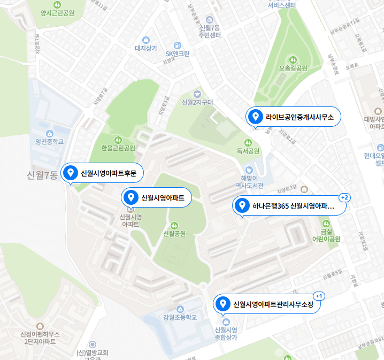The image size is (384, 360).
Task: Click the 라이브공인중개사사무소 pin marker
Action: (x=256, y=116)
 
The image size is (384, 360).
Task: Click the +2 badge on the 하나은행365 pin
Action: (x=344, y=197)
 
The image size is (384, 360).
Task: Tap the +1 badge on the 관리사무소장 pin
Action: (x=319, y=296)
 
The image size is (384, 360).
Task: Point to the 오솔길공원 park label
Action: (x=293, y=68)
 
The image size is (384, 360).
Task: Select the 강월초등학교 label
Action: (x=180, y=318)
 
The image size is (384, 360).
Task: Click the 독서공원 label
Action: (x=248, y=151)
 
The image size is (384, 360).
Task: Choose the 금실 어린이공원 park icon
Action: (x=326, y=224)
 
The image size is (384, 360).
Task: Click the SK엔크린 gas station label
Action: (x=177, y=53)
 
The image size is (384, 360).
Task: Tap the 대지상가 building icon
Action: (x=145, y=40)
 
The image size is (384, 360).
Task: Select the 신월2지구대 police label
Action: (x=197, y=102)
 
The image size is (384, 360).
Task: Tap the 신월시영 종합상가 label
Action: (x=225, y=334)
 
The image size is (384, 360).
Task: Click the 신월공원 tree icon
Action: (x=173, y=225)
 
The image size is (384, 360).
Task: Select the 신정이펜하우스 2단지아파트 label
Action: (x=40, y=338)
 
